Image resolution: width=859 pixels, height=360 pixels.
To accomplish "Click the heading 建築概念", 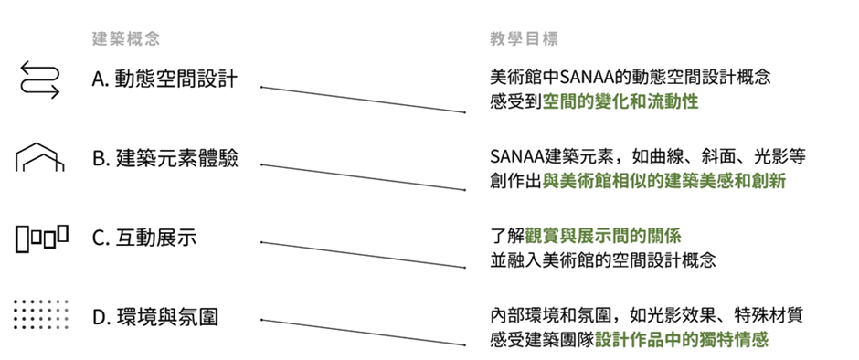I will click(126, 39).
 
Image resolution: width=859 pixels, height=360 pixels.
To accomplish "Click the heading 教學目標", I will click(525, 39).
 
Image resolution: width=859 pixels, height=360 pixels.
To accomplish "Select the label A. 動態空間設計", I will click(164, 79).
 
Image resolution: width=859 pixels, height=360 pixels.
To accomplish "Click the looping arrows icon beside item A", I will click(39, 79).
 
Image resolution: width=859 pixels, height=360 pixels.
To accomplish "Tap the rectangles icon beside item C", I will click(41, 238).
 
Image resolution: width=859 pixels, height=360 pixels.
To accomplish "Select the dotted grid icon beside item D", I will click(41, 316).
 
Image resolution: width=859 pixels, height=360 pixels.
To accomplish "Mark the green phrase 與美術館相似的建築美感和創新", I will click(664, 181).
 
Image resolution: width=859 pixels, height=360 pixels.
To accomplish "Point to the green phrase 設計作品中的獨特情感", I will click(682, 340).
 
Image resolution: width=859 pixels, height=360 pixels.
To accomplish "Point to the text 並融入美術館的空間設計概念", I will click(602, 260).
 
